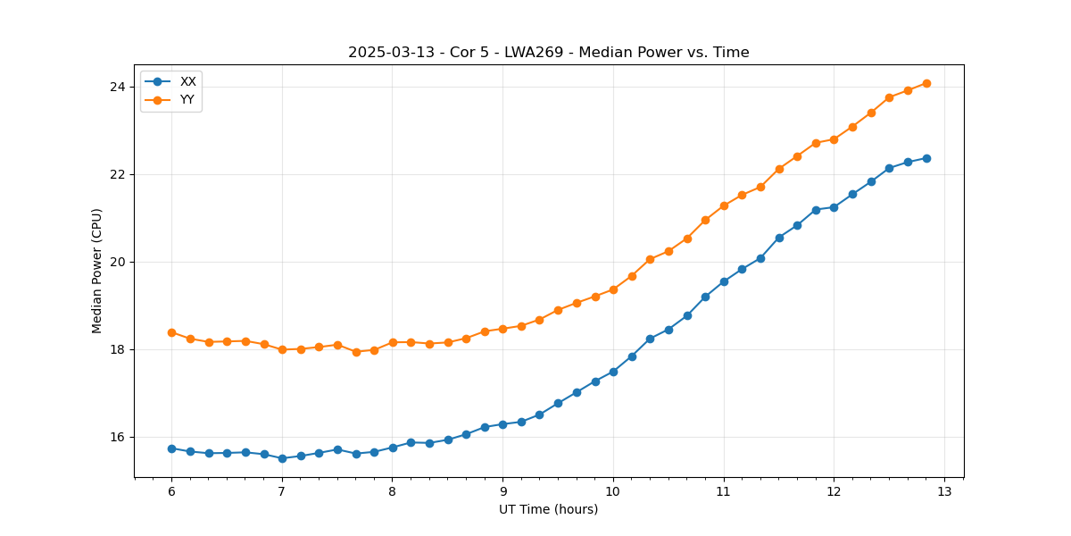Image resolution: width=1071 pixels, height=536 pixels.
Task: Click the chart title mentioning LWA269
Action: coord(548,53)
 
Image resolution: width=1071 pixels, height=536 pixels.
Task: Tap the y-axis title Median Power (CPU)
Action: coord(97,271)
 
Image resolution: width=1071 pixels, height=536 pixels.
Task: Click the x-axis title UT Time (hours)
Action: coord(548,509)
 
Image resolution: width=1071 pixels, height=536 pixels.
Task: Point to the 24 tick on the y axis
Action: coord(118,87)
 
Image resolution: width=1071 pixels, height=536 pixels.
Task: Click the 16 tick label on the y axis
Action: coord(118,437)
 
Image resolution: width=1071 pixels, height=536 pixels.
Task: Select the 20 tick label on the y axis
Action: coord(118,262)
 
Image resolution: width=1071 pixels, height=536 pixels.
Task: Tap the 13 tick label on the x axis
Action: coord(944,492)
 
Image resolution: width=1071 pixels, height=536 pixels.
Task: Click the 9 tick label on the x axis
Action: coord(502,492)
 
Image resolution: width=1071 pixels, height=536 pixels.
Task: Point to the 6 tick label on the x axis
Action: coord(171,492)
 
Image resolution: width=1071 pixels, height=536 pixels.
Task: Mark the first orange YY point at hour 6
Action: coord(171,332)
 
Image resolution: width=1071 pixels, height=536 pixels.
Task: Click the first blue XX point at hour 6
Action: coord(171,448)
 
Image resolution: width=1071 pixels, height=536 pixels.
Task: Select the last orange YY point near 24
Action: coord(926,83)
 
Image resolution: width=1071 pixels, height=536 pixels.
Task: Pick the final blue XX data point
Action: coord(926,158)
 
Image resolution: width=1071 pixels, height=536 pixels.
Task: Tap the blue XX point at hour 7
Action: coord(282,458)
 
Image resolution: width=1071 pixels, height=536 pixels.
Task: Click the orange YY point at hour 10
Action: coord(613,289)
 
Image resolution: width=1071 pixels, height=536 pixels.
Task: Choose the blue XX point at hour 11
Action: coord(724,281)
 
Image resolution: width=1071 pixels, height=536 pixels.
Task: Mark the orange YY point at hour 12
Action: coord(834,139)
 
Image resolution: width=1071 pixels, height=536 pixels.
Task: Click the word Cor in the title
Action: coord(461,53)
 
